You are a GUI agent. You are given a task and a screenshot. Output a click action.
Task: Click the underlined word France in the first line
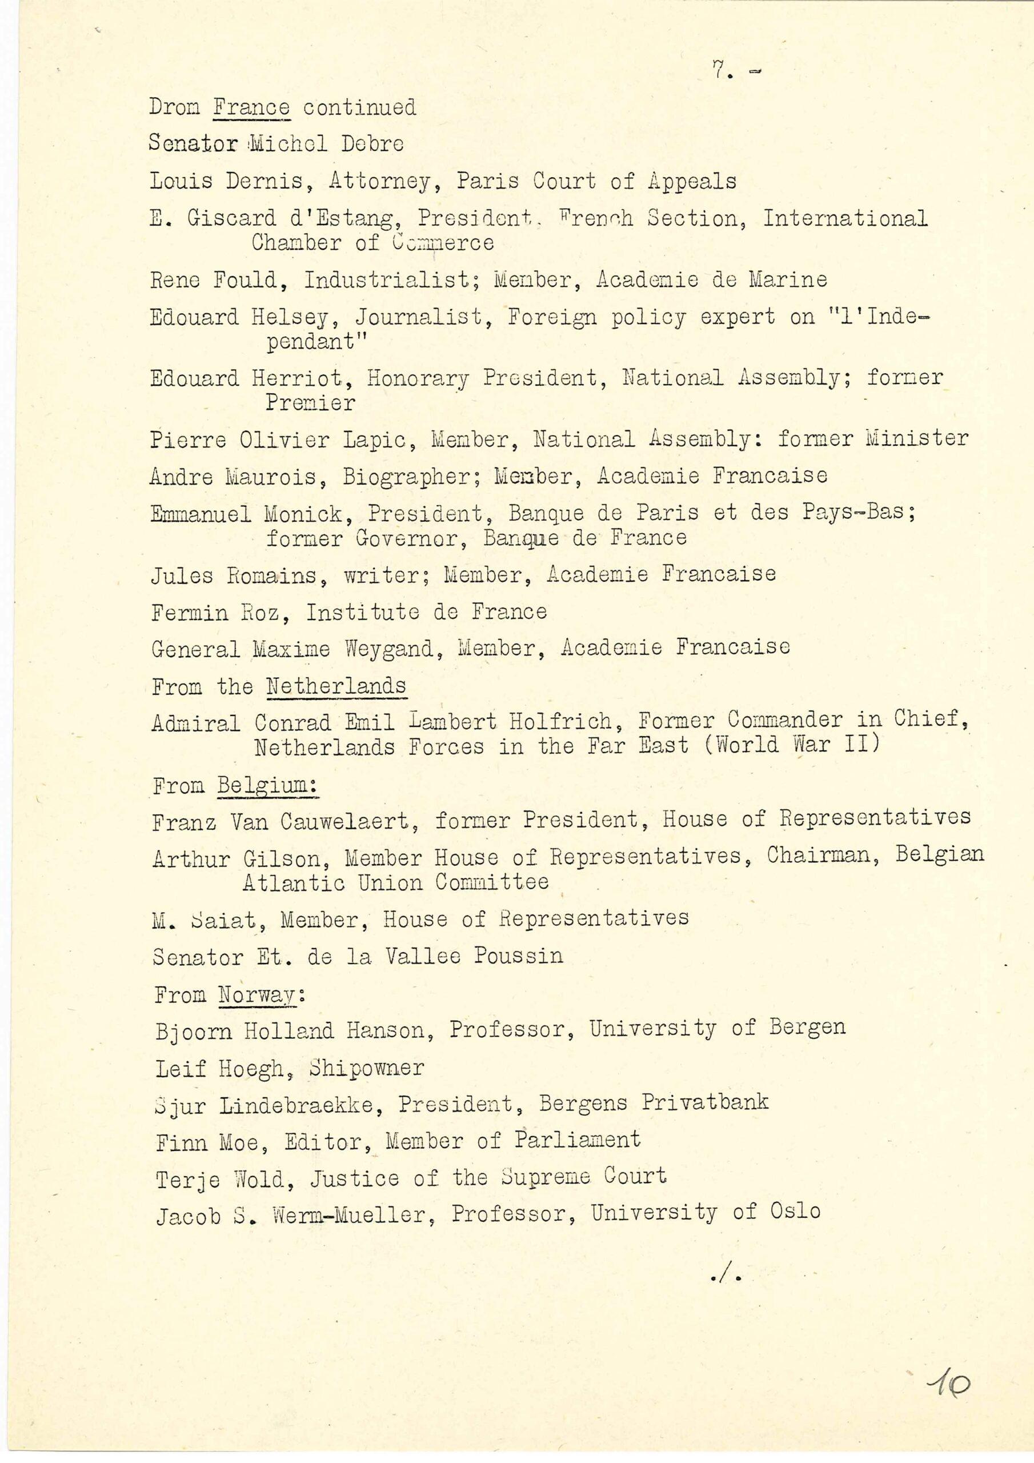252,107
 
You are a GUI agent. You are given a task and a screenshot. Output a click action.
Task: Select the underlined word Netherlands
336,686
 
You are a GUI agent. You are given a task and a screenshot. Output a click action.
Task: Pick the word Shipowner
366,1068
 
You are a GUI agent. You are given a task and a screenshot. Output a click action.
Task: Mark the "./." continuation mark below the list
725,1276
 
